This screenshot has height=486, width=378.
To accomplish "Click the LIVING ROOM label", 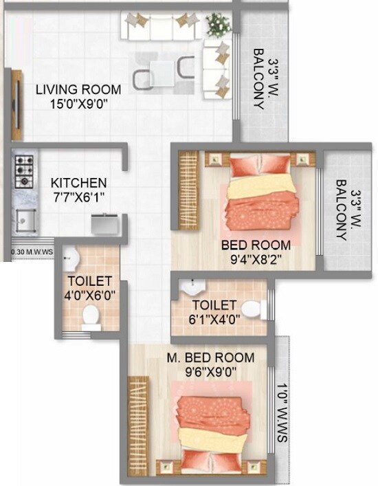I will pos(78,89).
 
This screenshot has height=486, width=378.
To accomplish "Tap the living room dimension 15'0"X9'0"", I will pos(78,104).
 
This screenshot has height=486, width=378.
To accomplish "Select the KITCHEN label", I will pos(79,183).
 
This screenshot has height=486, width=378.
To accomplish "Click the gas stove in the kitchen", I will pos(25,171).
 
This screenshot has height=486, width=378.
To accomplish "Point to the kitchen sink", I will pos(27,220).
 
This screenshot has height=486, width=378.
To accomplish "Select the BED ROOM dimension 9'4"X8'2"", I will pos(256,260).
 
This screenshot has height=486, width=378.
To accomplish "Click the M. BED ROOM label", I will pos(211,358).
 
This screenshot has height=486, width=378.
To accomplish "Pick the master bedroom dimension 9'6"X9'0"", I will pos(210,373).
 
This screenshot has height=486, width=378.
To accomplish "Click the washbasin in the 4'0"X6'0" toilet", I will pos(69,258).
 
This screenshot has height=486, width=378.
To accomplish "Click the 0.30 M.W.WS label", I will pos(32,252).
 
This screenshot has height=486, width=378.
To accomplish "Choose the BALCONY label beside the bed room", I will pos(342,210).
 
